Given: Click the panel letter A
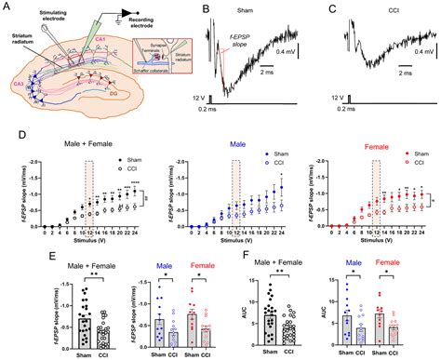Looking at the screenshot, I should point(7,7).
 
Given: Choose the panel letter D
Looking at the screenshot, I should point(7,136).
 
